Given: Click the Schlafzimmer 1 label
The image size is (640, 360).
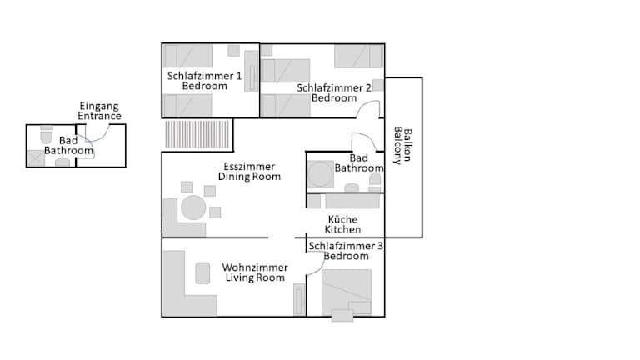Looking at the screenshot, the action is (204, 76).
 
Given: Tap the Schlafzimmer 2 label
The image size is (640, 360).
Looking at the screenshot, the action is (333, 87).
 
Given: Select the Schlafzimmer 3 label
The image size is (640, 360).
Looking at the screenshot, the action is (346, 246).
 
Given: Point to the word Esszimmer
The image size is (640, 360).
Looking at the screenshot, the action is (249, 167).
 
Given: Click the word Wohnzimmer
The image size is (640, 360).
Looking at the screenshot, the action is (255, 267).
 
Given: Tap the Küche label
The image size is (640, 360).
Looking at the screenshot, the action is (342, 219).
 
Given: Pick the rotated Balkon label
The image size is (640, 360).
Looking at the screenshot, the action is (407, 145).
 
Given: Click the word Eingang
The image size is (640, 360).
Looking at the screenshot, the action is (99, 107).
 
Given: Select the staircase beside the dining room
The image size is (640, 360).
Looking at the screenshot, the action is (197, 134).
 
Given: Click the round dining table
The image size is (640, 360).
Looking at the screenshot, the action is (193, 207).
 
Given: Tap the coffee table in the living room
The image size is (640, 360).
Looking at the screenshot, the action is (202, 273).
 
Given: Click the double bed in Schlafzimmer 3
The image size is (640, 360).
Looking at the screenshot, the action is (347, 292).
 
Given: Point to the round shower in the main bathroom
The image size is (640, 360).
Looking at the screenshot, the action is (320, 174).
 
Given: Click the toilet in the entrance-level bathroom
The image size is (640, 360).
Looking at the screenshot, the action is (47, 135).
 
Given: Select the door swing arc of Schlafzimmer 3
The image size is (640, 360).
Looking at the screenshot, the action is (317, 265).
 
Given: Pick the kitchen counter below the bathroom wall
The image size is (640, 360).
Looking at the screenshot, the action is (352, 201).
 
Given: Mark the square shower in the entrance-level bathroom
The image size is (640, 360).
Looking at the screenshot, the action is (36, 158).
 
